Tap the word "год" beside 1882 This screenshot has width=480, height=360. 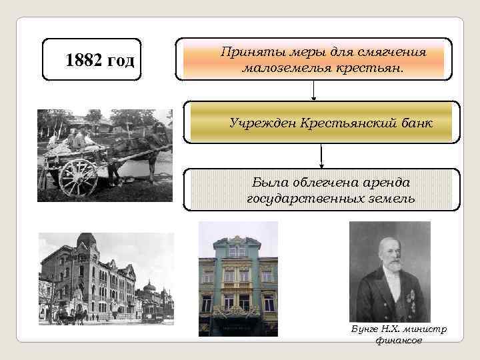click(x=122, y=61)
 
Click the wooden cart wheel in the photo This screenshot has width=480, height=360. click(x=78, y=177)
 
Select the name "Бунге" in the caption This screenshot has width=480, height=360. click(x=363, y=329)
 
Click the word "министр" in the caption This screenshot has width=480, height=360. click(x=427, y=329)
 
